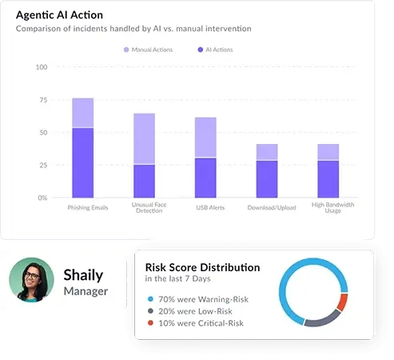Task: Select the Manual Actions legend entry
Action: (x=147, y=50)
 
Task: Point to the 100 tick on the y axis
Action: (x=41, y=67)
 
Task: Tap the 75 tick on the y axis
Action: (x=42, y=100)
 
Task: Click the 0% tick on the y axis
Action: (x=42, y=198)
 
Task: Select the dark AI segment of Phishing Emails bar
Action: (x=83, y=162)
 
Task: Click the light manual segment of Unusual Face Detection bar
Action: (x=144, y=138)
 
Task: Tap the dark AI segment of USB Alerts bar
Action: (x=205, y=178)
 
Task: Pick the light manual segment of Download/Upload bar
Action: (x=267, y=152)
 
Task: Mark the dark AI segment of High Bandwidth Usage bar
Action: (x=328, y=178)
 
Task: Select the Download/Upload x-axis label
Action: (x=267, y=207)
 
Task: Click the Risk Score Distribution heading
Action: (x=202, y=267)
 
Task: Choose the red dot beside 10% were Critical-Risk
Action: (x=149, y=324)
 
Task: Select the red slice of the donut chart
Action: (x=343, y=302)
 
